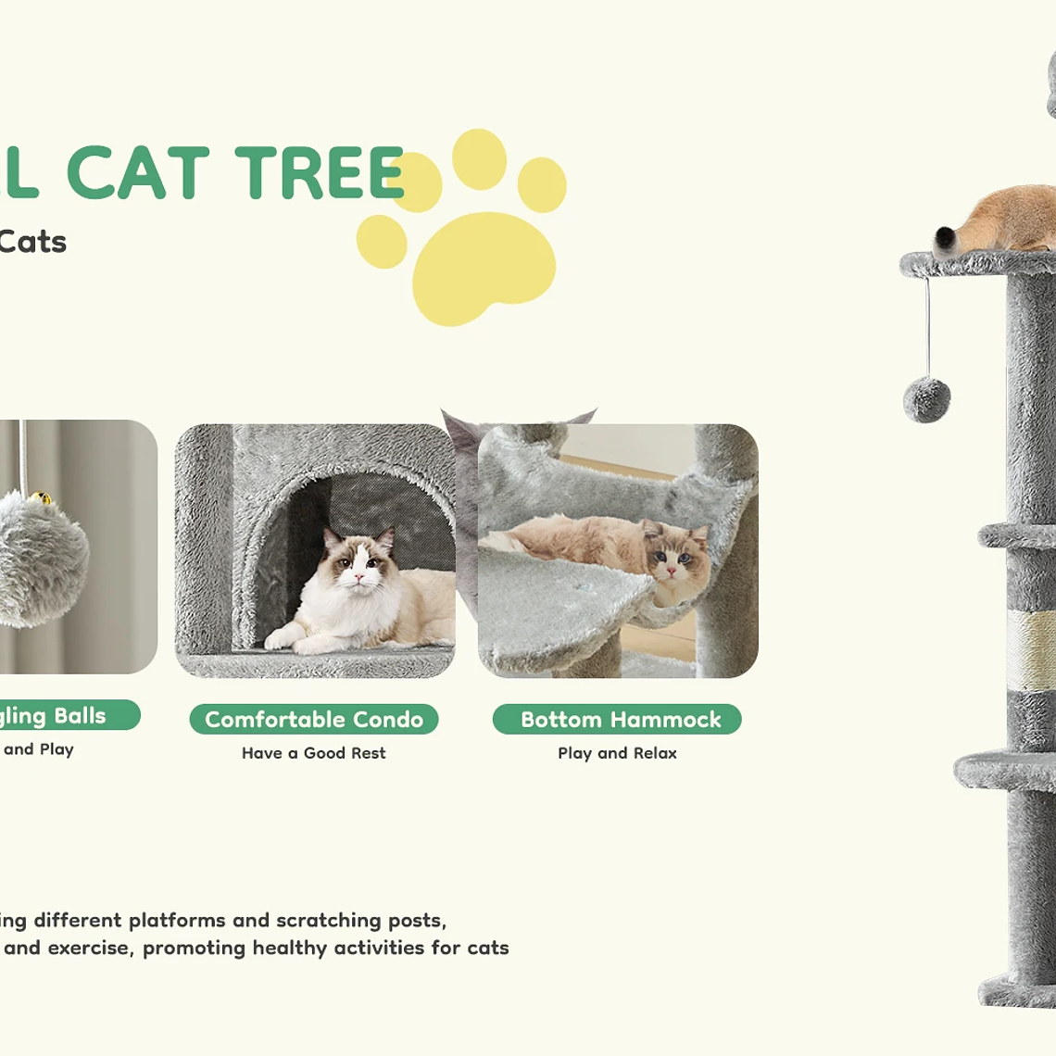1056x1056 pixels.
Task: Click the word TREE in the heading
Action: [320, 173]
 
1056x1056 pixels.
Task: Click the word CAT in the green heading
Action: [139, 173]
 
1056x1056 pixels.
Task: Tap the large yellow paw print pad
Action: [484, 268]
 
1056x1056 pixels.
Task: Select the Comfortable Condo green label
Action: [314, 720]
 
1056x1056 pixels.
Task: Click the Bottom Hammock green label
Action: [617, 720]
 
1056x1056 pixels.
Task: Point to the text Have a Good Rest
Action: [313, 753]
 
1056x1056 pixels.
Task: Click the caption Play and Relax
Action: [617, 753]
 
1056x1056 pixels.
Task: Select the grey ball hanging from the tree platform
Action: [926, 399]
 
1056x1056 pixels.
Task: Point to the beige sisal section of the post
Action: [1030, 648]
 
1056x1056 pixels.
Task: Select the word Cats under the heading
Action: [32, 242]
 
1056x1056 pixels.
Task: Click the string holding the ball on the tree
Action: [926, 324]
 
